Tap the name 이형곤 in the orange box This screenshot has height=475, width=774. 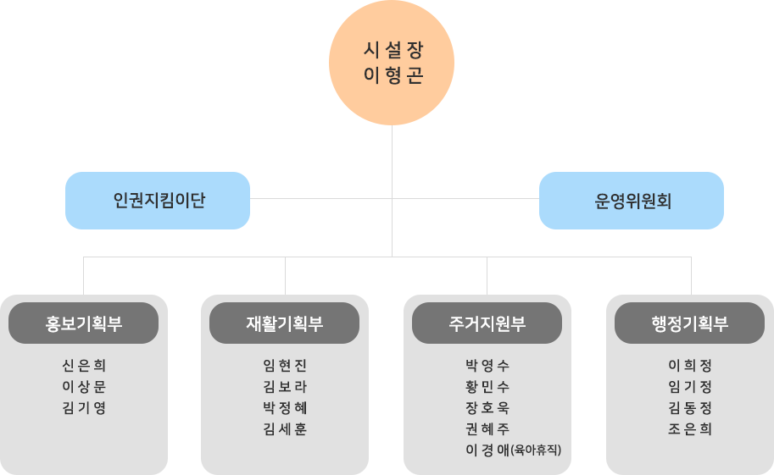coord(393,75)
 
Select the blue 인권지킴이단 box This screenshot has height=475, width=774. coord(158,201)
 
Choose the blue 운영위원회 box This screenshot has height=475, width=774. coord(632,201)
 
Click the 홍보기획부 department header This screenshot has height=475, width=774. coord(84,323)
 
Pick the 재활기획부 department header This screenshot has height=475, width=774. coord(285,323)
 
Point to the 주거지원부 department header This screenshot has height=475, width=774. coord(487,323)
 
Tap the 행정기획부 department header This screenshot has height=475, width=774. coord(690,323)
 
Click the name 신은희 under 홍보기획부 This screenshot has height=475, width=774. coord(84,366)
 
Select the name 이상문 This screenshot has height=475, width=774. coord(84,387)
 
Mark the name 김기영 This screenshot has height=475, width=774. coord(84,408)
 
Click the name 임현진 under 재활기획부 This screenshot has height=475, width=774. coord(285,366)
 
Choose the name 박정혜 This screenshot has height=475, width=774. coord(285,408)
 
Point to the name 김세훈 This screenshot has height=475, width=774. coord(285,429)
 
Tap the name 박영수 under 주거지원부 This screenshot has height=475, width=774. coord(487,366)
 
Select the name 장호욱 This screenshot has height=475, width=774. coord(487,408)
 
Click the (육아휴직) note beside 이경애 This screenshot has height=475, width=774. coord(536,450)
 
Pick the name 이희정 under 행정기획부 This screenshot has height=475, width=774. coord(690,366)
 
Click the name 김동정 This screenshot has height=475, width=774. coord(690,408)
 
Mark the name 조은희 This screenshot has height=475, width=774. coord(690,429)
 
